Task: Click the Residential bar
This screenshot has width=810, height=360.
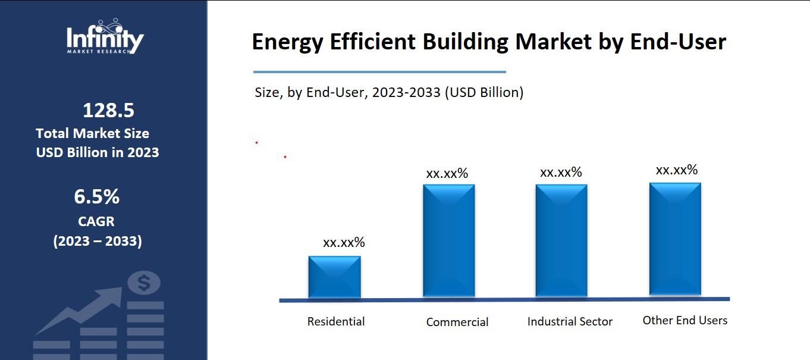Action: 334,277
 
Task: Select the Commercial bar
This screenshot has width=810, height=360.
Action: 448,240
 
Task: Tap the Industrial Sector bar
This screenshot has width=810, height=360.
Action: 561,240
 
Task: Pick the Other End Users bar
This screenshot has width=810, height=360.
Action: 675,239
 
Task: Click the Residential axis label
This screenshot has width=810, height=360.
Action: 336,322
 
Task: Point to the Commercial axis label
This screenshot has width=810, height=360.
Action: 457,323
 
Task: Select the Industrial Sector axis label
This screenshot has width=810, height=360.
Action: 570,322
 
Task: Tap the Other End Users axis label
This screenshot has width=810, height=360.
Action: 685,321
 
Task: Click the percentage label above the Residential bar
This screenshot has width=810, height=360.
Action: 344,243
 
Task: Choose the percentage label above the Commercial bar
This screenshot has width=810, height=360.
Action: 447,174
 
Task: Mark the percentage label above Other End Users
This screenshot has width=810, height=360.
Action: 677,170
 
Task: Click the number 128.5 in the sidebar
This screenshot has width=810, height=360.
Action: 108,111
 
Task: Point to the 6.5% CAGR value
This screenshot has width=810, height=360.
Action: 97,196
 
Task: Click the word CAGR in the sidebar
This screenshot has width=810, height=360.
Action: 96,221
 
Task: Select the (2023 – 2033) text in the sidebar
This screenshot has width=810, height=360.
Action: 98,242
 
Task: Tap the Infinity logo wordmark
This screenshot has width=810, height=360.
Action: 105,40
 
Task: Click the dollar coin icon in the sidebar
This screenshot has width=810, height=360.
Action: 144,283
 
